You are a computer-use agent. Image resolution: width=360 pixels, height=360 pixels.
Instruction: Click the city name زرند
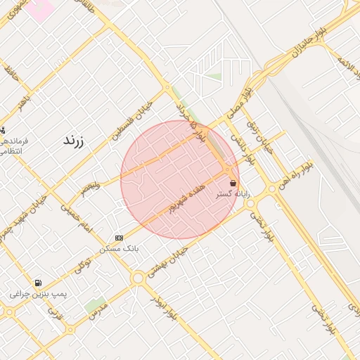pyautogui.click(x=73, y=140)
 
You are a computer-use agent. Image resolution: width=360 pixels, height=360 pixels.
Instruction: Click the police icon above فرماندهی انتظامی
pyautogui.click(x=2, y=130)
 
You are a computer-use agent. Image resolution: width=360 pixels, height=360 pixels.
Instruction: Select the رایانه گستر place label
pyautogui.click(x=233, y=193)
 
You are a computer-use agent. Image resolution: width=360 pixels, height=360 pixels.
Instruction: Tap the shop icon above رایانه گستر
pyautogui.click(x=233, y=183)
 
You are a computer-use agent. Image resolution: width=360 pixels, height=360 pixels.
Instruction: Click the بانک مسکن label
pyautogui.click(x=120, y=248)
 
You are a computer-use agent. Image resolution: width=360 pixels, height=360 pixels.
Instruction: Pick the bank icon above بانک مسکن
pyautogui.click(x=119, y=238)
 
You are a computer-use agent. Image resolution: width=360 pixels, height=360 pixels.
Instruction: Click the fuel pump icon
pyautogui.click(x=37, y=283)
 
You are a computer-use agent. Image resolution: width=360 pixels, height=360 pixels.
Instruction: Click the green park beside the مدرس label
pyautogui.click(x=96, y=304)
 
